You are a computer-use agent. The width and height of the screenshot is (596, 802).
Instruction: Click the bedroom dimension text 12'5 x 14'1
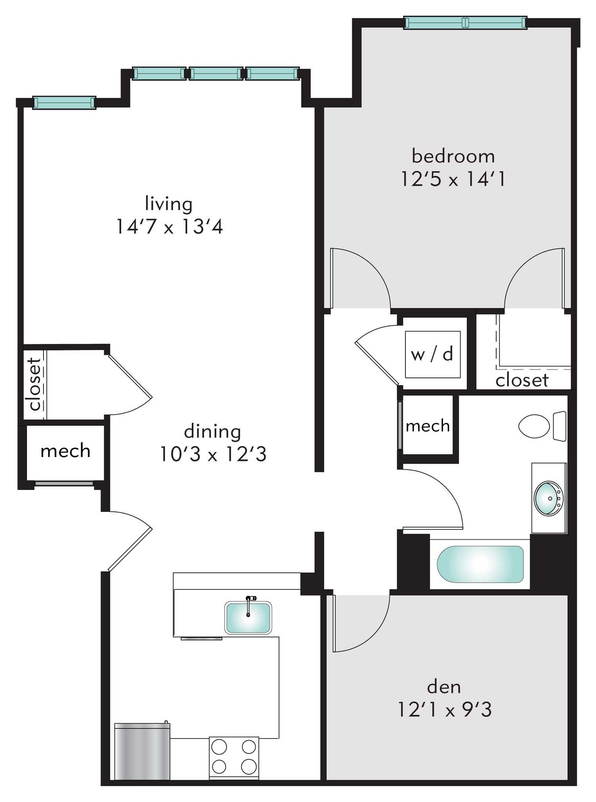pyautogui.click(x=453, y=180)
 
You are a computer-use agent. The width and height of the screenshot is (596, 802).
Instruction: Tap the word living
pyautogui.click(x=169, y=204)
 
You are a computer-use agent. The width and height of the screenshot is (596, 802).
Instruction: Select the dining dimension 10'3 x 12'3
pyautogui.click(x=213, y=455)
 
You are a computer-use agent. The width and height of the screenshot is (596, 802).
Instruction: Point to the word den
pyautogui.click(x=444, y=687)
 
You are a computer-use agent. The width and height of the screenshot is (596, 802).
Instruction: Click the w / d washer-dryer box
pyautogui.click(x=432, y=354)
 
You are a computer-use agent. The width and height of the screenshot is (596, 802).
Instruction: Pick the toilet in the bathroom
pyautogui.click(x=542, y=426)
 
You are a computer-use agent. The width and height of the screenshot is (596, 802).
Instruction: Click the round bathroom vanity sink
pyautogui.click(x=548, y=498)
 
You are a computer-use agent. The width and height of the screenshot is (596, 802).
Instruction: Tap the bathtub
pyautogui.click(x=480, y=564)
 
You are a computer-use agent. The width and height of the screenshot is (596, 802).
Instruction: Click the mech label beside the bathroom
pyautogui.click(x=427, y=426)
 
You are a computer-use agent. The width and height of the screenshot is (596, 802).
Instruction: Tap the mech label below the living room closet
pyautogui.click(x=65, y=452)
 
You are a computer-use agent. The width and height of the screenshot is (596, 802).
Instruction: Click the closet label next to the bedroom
pyautogui.click(x=522, y=380)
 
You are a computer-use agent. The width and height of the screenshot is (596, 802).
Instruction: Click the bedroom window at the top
pyautogui.click(x=465, y=23)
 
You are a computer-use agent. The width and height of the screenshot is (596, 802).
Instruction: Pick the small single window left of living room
pyautogui.click(x=64, y=103)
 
